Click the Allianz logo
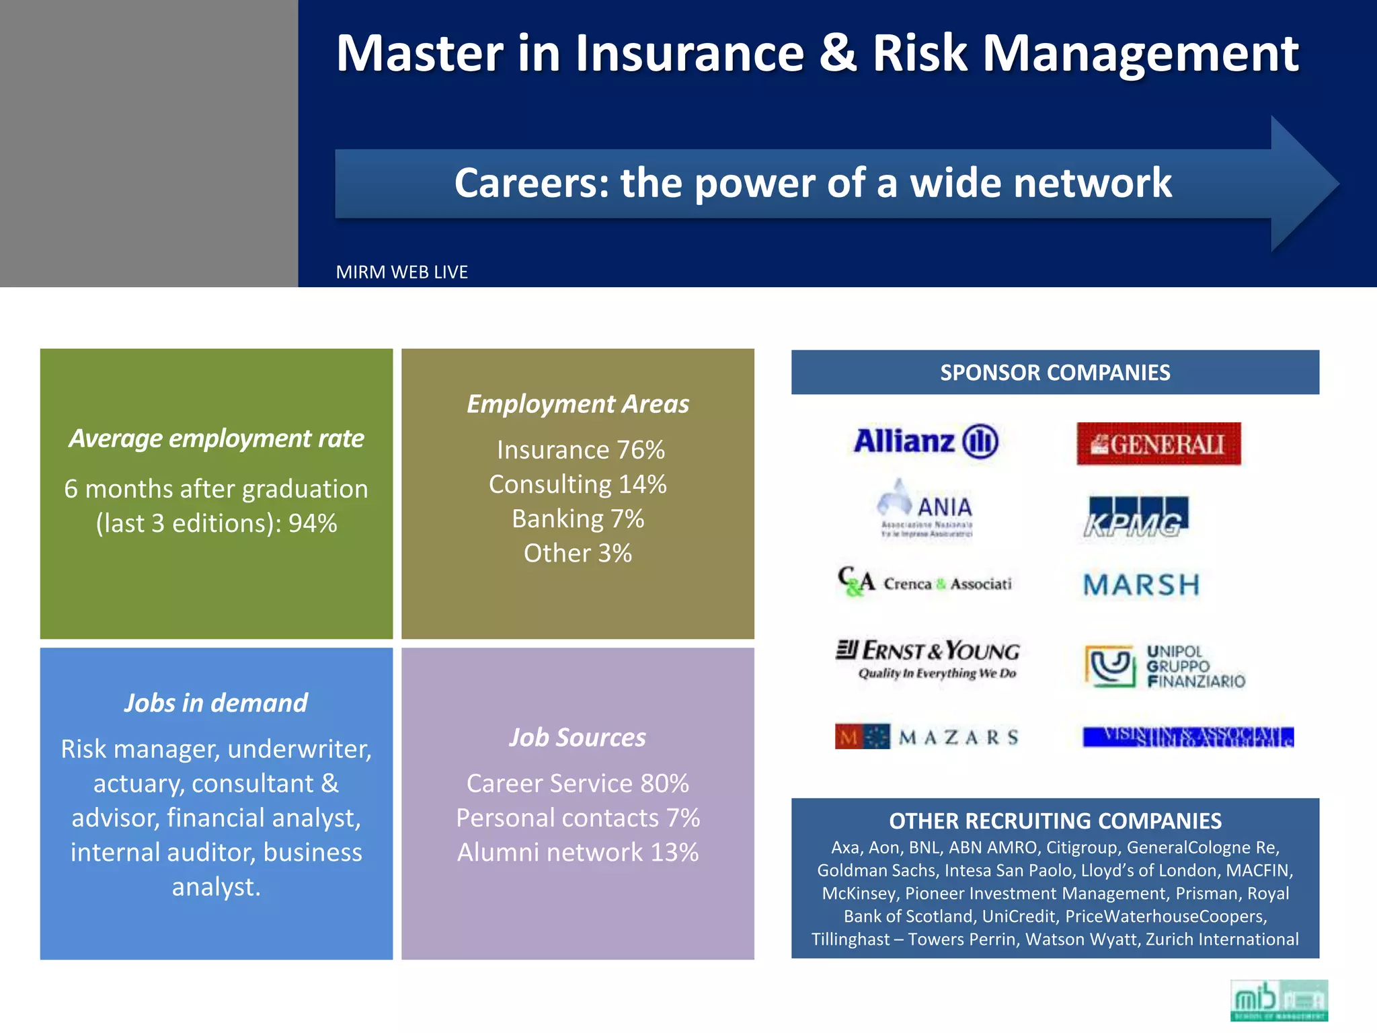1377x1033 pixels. point(925,442)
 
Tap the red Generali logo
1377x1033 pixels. point(1158,444)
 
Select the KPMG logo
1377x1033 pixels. point(1136,517)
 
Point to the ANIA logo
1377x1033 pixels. point(926,508)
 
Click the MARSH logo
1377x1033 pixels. point(1141,584)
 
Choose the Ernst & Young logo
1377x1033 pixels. point(927,658)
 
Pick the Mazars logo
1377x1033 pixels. point(927,737)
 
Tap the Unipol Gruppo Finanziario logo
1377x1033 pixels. point(1164,666)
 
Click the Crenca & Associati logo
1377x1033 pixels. point(924,582)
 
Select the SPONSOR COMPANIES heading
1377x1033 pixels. point(1054,373)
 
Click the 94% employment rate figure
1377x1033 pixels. point(313,524)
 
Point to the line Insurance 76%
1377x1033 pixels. point(580,450)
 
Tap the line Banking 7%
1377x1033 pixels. point(578,519)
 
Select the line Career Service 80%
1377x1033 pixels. point(578,783)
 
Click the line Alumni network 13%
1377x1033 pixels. point(578,853)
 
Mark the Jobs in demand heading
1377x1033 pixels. point(216,703)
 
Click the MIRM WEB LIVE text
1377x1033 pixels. point(401,272)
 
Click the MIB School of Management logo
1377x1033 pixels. point(1278,1000)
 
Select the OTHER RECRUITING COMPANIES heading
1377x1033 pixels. point(1054,821)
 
